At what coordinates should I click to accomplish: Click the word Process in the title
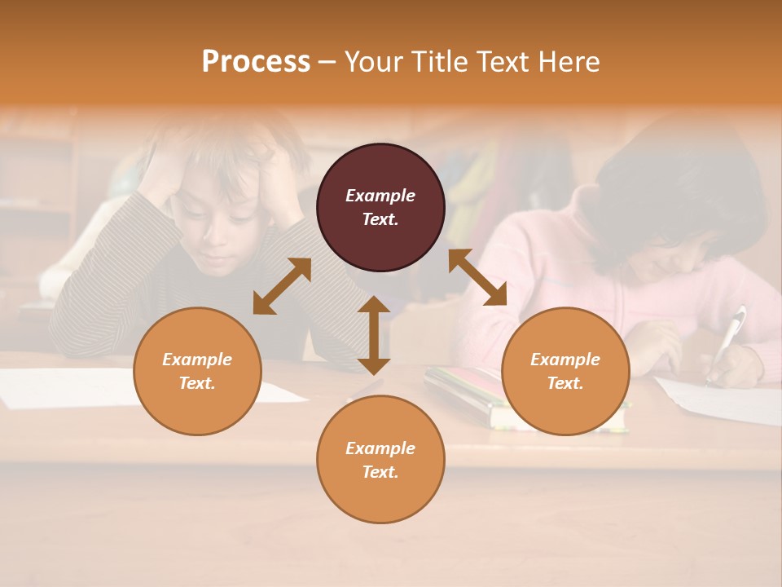[x=256, y=62]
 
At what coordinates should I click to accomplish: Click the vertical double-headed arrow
[x=374, y=335]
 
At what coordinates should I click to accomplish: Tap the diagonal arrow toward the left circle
[x=282, y=286]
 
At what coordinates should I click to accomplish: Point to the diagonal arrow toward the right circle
[x=478, y=277]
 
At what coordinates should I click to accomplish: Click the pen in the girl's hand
[x=728, y=339]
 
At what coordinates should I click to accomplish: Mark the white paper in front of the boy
[x=65, y=387]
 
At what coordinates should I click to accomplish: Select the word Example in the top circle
[x=380, y=196]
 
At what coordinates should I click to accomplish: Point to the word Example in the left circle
[x=197, y=360]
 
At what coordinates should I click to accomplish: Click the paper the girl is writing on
[x=725, y=399]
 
